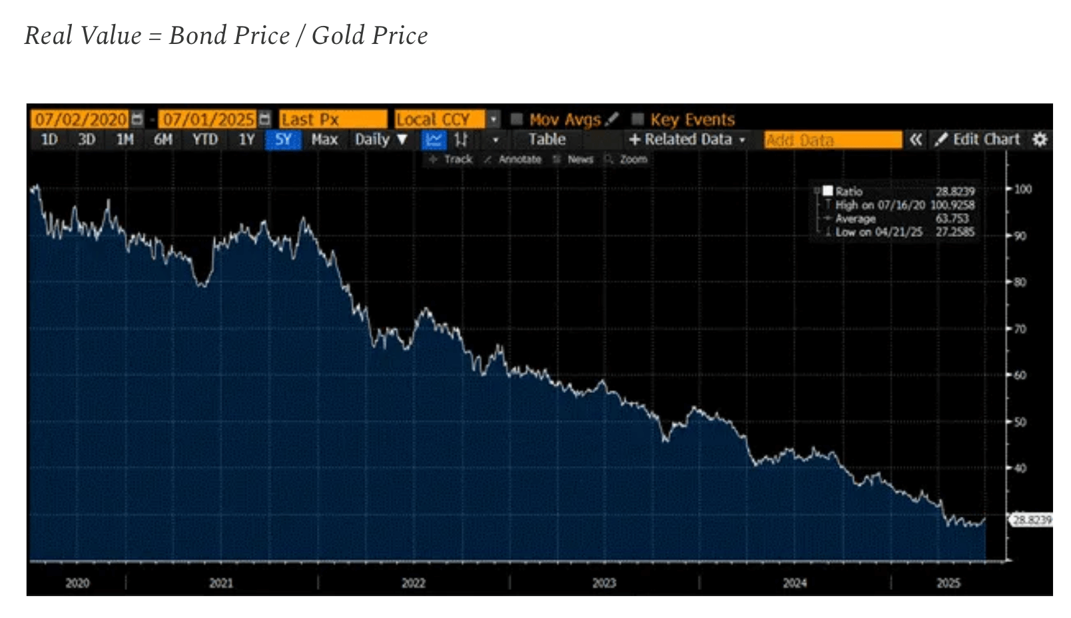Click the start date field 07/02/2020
[x=80, y=119]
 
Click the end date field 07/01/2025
[x=208, y=119]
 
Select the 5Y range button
[x=283, y=140]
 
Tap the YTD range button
[x=204, y=140]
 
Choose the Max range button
[x=324, y=140]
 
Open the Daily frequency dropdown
[x=380, y=140]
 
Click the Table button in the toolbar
[x=547, y=140]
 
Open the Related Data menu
[x=687, y=140]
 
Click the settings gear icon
[x=1040, y=140]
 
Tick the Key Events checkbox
[x=638, y=119]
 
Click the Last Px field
[x=332, y=119]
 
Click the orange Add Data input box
[x=832, y=140]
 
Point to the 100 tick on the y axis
[x=1022, y=189]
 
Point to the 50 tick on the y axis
[x=1020, y=422]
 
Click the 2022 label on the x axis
[x=413, y=583]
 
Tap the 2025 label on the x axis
[x=948, y=583]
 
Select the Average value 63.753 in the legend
[x=952, y=218]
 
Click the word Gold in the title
[x=337, y=35]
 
